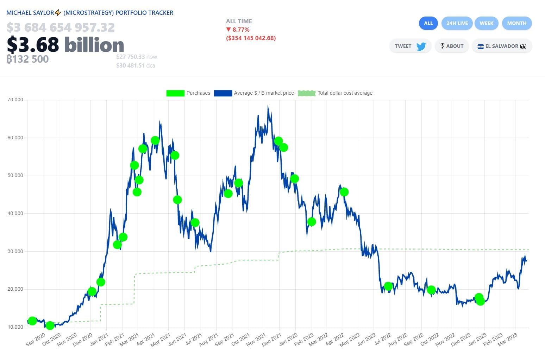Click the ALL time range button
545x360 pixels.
click(428, 23)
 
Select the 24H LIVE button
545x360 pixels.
click(457, 23)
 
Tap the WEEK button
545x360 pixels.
click(486, 23)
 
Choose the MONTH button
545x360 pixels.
click(516, 23)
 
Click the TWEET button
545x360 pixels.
click(410, 46)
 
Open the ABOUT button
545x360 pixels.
click(451, 46)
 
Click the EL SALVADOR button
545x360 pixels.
click(501, 46)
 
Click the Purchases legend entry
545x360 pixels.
click(188, 93)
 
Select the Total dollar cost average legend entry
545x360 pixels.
click(335, 93)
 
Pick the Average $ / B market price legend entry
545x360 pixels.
click(254, 93)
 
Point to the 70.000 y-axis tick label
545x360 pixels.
click(15, 100)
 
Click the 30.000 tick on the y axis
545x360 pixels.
click(15, 251)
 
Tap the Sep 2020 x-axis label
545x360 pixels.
click(35, 340)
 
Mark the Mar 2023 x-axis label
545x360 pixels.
click(507, 340)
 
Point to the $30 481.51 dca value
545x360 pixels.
click(136, 65)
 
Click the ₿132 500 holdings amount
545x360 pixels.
click(27, 59)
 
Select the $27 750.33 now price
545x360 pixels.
click(137, 57)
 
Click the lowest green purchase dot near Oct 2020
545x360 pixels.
click(50, 326)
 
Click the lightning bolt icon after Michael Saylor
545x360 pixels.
click(58, 13)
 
